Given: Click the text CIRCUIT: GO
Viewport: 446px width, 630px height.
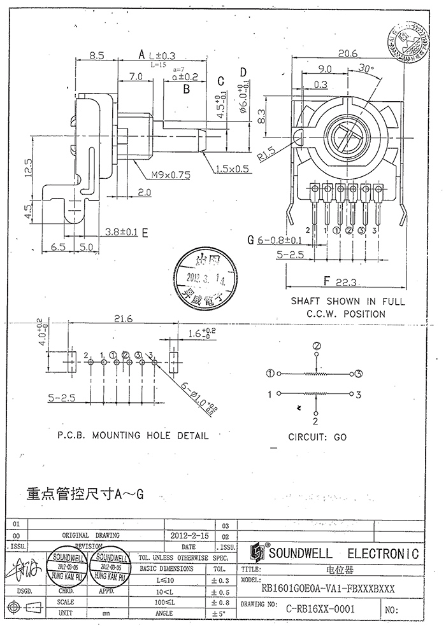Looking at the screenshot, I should point(317,438).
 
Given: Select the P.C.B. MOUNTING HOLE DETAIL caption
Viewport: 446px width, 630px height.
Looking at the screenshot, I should point(133,436).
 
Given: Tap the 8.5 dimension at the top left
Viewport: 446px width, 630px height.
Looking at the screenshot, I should point(97,55).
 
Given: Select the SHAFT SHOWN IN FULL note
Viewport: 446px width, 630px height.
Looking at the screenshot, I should point(347,302).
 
